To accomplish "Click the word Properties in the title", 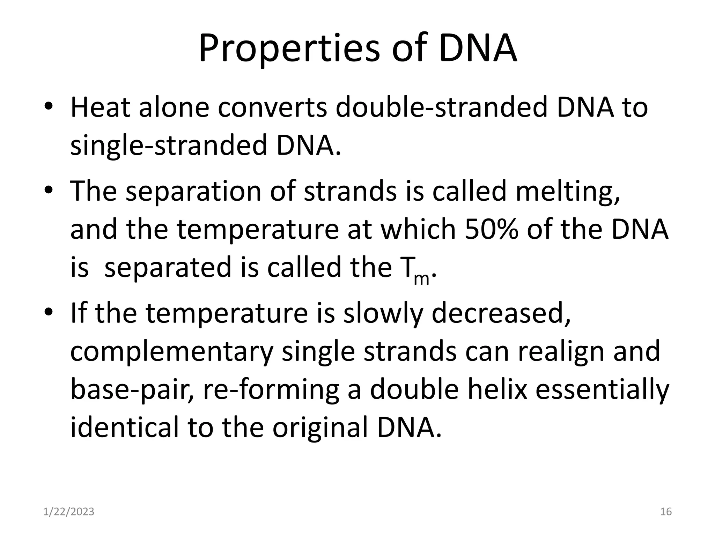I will point(289,49).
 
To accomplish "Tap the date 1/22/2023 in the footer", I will point(69,512).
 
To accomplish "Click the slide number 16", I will point(666,512).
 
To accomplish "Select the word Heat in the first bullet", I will point(101,107).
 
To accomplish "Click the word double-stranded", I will point(442,107).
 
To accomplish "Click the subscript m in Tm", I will point(421,279).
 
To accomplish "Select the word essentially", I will point(602,389).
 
